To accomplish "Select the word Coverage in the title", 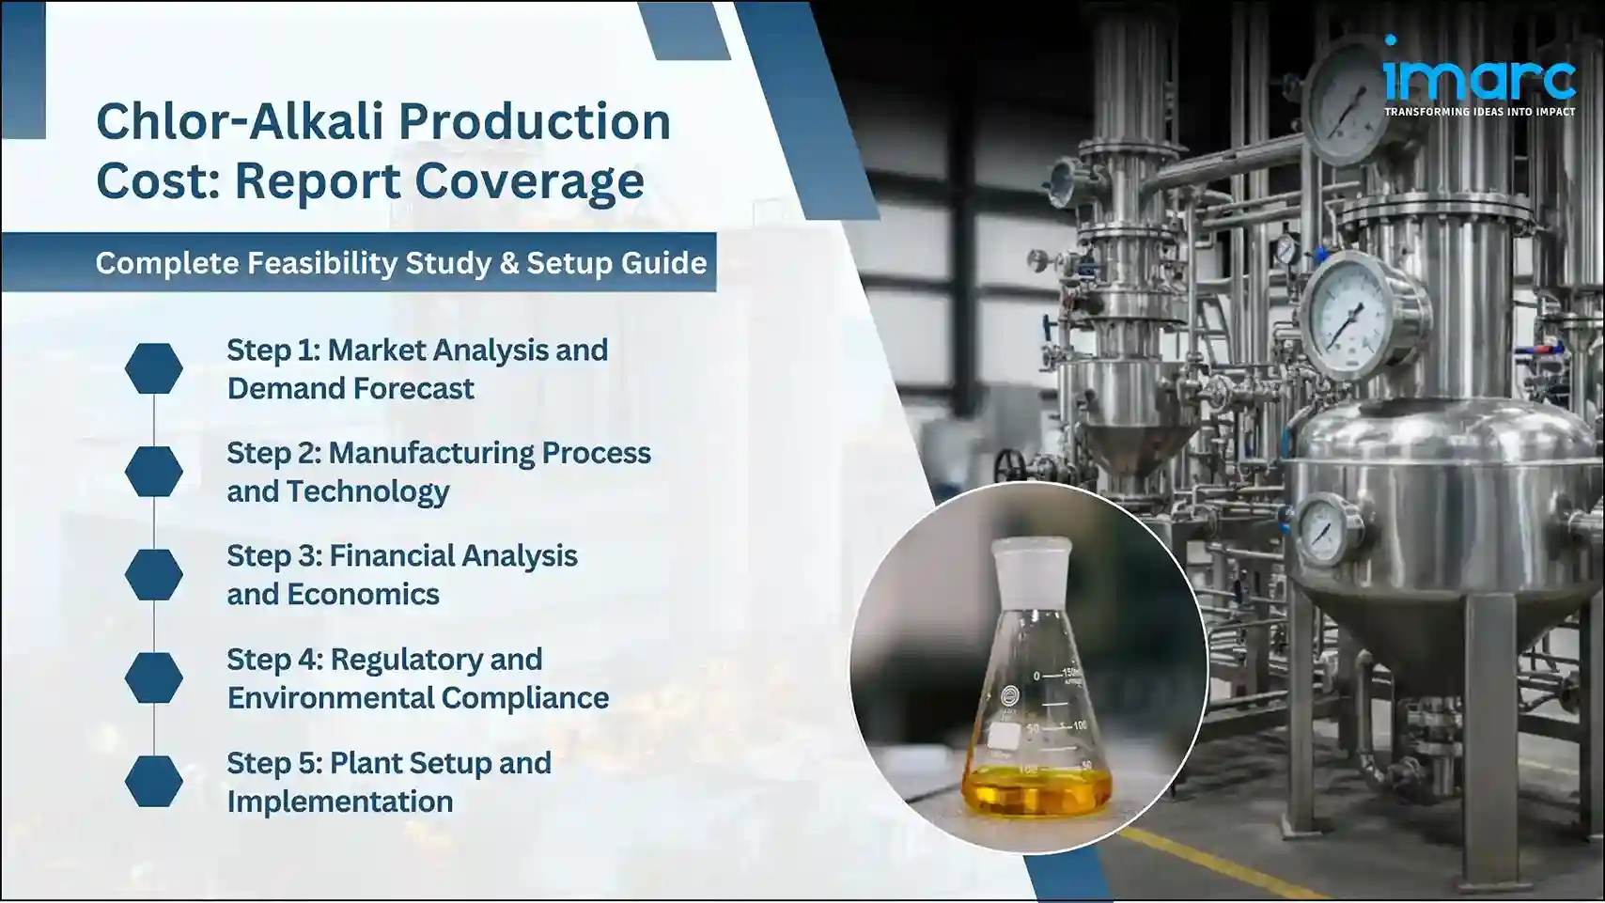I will coord(530,180).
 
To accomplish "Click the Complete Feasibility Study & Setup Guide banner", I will coord(400,263).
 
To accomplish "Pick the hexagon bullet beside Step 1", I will coord(154,368).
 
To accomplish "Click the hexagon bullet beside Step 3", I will coord(154,574).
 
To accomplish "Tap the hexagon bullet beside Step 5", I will coord(154,781).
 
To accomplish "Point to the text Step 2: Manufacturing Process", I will coord(438,453).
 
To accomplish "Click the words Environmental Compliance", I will coord(417,698).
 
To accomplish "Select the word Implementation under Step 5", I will coord(339,802).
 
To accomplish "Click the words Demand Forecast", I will coord(350,389).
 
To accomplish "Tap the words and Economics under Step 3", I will coord(333,595).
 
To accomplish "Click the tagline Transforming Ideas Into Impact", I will coord(1479,112).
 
